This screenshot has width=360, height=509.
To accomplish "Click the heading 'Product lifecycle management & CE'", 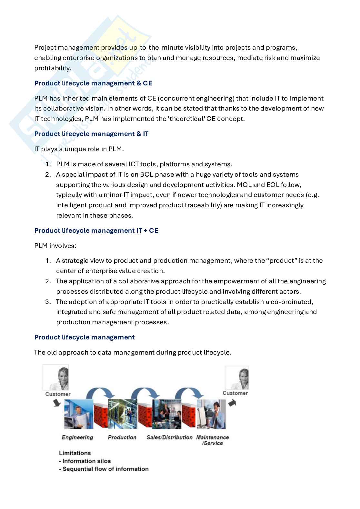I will coord(93,83).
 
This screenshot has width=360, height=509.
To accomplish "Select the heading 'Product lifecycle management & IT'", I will coord(91,134).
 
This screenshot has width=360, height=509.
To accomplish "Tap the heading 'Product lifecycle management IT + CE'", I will coord(96,230).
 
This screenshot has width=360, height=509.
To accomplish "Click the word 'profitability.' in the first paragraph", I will coord(53,68).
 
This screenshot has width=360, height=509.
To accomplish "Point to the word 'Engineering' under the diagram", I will coord(77,437).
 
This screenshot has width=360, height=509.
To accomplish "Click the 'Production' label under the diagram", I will coord(122,437).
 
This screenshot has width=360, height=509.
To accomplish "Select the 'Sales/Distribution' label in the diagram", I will coord(169,437).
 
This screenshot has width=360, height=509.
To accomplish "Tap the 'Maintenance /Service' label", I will coord(213,440).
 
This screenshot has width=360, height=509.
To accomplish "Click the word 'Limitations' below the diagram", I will coord(75,453).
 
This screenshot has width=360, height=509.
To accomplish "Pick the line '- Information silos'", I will coord(85,461).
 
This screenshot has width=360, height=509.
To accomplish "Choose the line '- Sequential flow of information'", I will coord(104,469).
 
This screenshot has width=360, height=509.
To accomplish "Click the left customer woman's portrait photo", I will coord(56,377).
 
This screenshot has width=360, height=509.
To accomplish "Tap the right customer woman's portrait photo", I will coord(236,377).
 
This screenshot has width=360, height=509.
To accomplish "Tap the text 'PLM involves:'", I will coord(55,246).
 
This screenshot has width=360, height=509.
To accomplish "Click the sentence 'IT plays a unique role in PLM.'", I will coord(79,149).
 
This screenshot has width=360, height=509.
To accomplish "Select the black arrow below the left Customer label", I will coord(57,402).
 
